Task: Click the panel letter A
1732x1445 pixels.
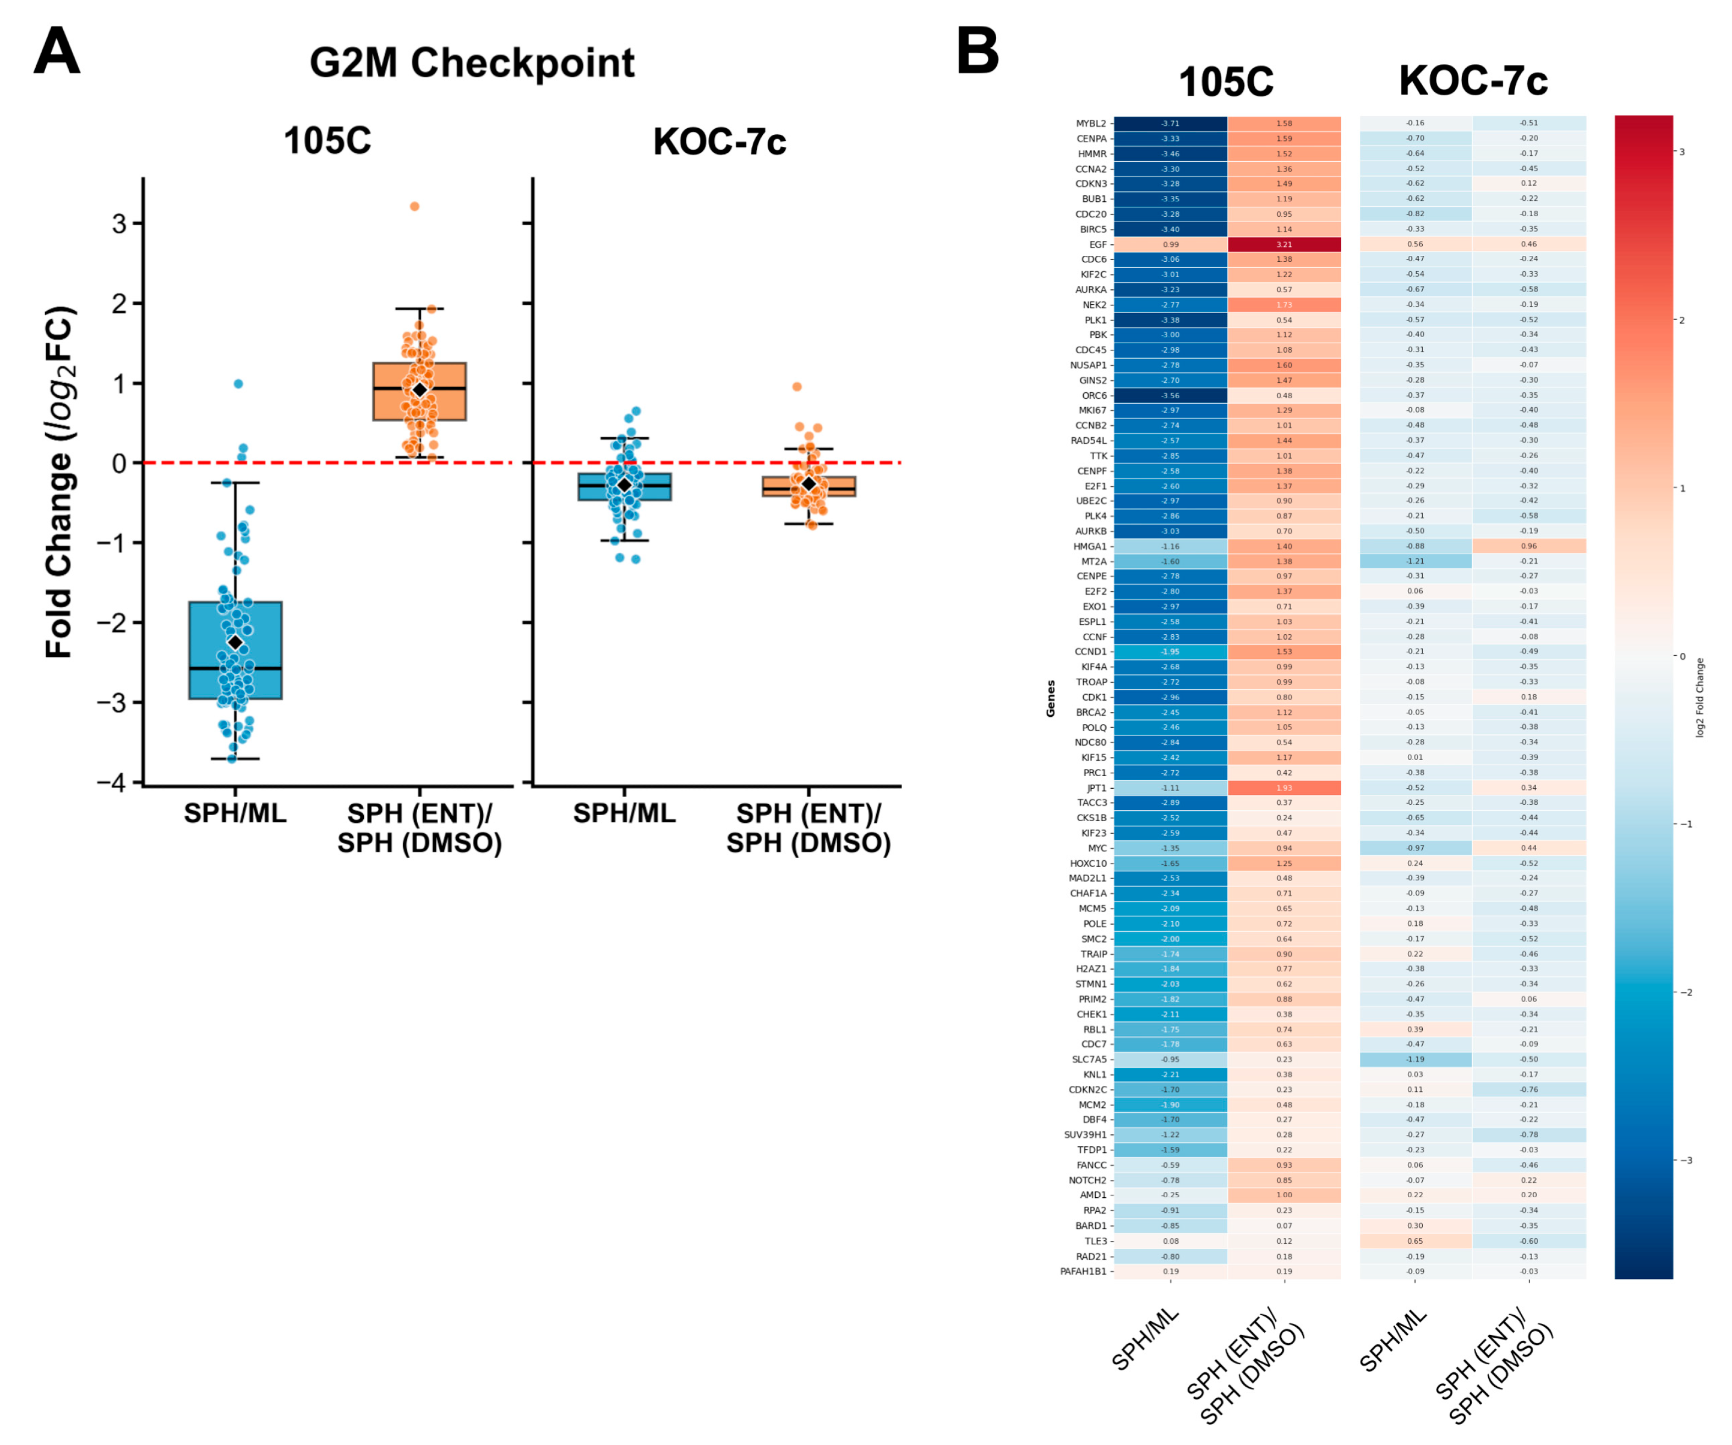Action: coord(56,51)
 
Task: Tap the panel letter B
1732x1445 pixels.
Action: coord(977,51)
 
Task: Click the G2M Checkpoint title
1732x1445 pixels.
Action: coord(472,63)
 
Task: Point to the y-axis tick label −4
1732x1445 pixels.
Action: coord(111,782)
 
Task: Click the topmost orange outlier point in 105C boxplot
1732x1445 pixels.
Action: coord(415,206)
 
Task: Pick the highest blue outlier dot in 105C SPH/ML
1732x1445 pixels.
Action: coord(238,383)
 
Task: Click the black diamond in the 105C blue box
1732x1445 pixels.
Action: coord(235,642)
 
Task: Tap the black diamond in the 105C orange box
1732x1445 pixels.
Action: coord(420,389)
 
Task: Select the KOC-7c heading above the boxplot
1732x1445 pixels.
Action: coord(719,142)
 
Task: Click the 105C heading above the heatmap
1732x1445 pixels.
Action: coord(1226,81)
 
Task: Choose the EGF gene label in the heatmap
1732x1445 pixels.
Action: coord(1098,245)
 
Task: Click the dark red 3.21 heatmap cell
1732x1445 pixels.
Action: coord(1284,245)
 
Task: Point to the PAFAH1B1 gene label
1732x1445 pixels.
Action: coord(1083,1271)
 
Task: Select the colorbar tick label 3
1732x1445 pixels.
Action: coord(1682,152)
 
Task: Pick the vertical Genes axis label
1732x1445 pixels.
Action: coord(1051,698)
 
